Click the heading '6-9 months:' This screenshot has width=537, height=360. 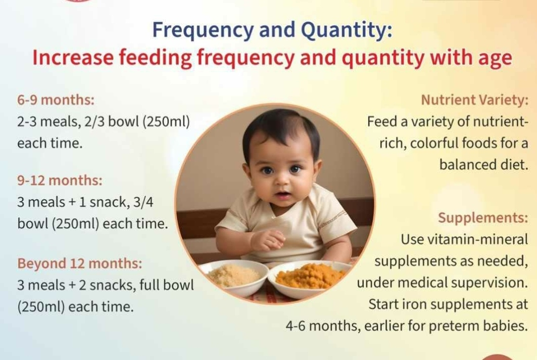pos(56,100)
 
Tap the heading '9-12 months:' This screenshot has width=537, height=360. pos(60,180)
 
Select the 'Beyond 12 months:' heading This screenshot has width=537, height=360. pos(79,263)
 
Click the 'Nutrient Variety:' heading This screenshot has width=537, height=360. pos(475,100)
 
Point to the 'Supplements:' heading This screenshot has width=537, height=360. pos(483,218)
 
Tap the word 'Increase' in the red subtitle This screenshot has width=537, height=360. pos(73,57)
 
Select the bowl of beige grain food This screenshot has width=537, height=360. pos(234,277)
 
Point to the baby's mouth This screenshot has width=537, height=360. pos(283,196)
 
